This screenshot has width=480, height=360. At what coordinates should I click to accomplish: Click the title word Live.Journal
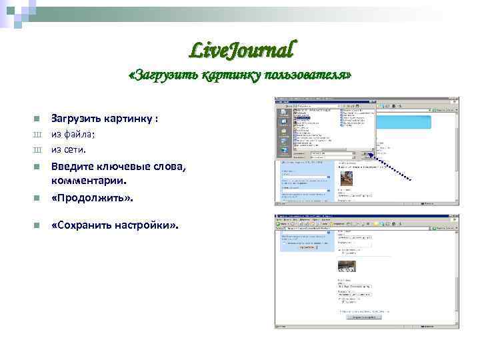pos(241,49)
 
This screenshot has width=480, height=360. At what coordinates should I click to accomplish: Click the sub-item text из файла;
pos(73,134)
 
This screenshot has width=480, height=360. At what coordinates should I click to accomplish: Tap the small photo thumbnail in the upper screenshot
pos(347,178)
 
